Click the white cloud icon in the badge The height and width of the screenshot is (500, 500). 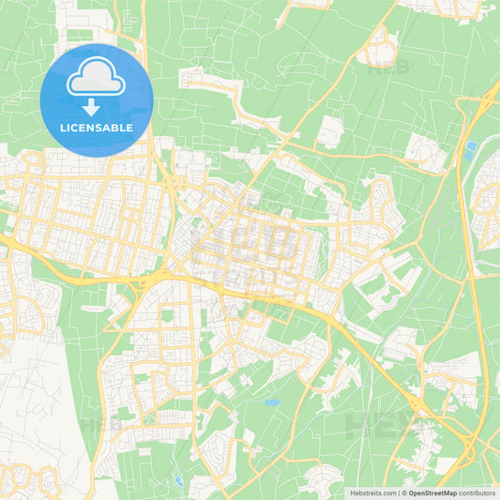[x=97, y=79]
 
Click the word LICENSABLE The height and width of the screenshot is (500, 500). [x=97, y=127]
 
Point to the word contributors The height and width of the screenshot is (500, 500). [x=472, y=492]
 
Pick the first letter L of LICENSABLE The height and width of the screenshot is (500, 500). [x=63, y=127]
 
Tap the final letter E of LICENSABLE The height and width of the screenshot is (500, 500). [x=129, y=127]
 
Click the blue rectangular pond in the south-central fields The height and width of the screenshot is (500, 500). [x=272, y=402]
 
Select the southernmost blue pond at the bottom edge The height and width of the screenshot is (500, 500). [x=177, y=481]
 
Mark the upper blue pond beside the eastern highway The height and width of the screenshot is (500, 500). [x=470, y=146]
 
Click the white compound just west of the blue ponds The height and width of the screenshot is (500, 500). [x=427, y=150]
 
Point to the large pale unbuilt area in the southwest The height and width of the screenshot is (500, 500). [x=33, y=394]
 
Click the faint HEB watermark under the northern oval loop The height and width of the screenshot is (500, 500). [x=386, y=67]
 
